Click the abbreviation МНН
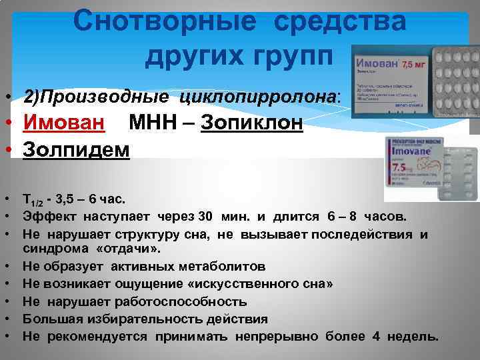[x=155, y=123]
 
